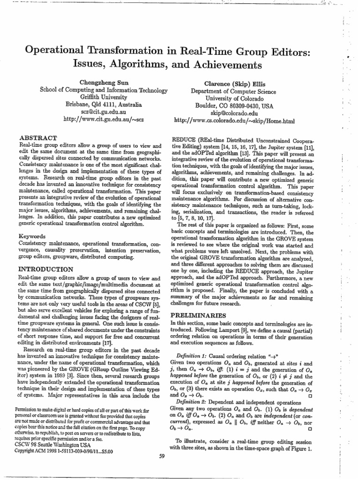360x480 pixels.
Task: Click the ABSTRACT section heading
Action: [37, 138]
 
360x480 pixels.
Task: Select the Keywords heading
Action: [31, 237]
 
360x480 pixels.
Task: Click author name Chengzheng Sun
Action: [103, 82]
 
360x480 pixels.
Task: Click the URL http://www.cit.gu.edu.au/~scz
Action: [103, 120]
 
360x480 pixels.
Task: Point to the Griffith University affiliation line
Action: [103, 98]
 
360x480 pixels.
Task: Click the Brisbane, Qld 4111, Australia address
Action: [103, 105]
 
